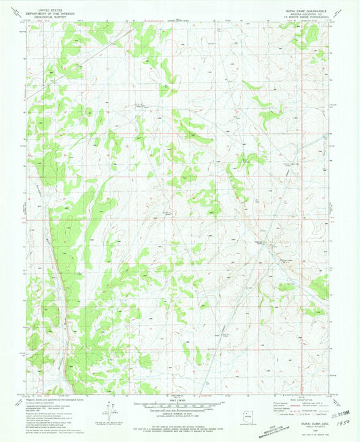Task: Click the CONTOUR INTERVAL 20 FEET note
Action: [x=180, y=412]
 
